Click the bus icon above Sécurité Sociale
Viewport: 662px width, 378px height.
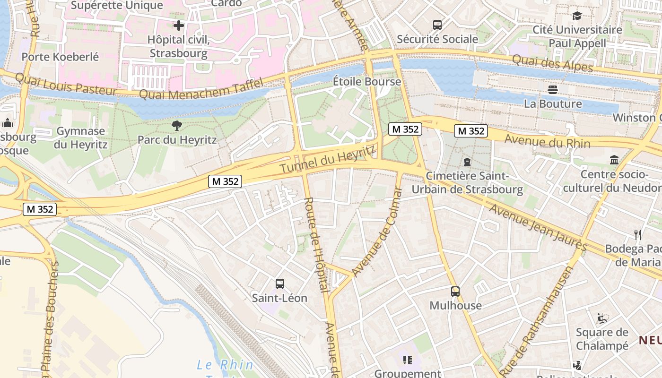point(437,25)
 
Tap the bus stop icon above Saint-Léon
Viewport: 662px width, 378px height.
point(280,284)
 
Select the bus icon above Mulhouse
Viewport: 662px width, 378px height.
point(455,292)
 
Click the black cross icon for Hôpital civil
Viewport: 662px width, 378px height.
point(179,26)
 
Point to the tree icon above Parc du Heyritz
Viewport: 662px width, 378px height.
point(177,126)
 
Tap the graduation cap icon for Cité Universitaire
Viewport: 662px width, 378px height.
point(577,16)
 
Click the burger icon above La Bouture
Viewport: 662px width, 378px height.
point(553,89)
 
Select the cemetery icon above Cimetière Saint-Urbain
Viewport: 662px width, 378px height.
point(467,162)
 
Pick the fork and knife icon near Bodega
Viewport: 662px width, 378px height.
point(638,234)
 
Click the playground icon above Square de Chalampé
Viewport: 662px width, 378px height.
point(602,318)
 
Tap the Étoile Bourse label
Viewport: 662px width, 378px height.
point(367,81)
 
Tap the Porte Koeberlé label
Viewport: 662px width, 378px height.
point(61,57)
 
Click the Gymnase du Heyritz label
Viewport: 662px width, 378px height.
point(80,137)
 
